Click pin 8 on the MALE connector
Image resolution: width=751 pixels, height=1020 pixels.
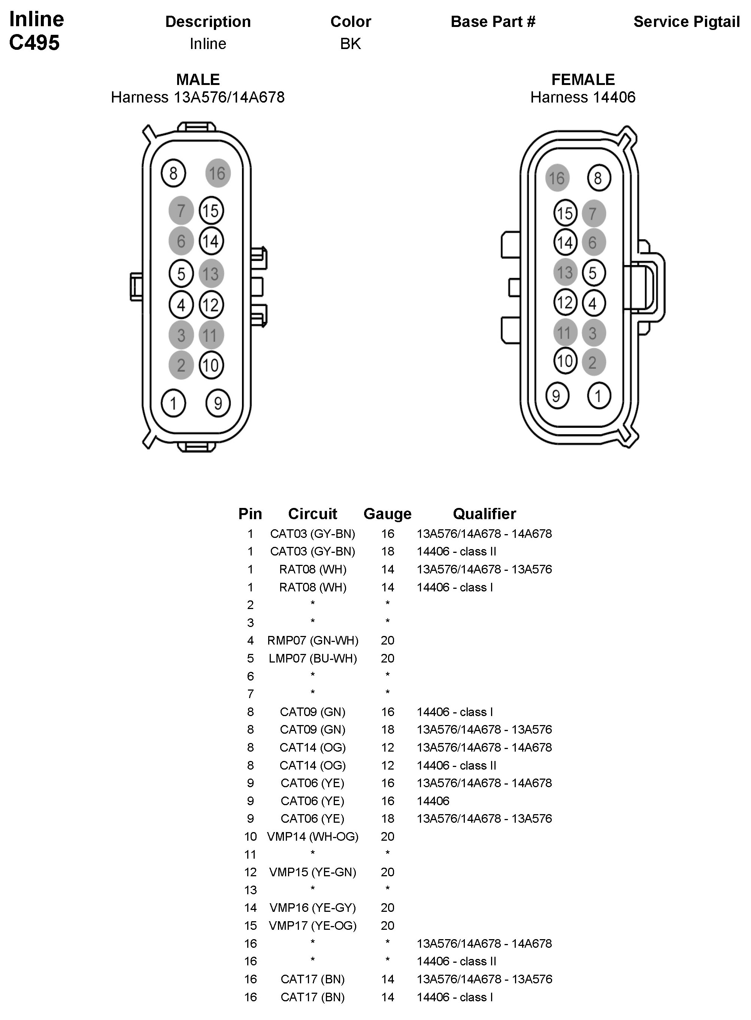pos(173,173)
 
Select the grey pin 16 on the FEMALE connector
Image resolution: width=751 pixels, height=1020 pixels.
pos(557,178)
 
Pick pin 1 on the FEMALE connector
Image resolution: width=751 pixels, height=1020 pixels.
pos(598,396)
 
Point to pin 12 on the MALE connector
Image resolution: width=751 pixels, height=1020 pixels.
pos(211,305)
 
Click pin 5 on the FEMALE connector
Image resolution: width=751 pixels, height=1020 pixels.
pos(593,272)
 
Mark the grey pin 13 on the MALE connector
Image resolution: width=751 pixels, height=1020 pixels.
pos(211,274)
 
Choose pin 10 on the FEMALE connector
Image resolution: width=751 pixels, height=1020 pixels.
pos(565,361)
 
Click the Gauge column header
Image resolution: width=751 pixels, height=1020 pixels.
pos(387,514)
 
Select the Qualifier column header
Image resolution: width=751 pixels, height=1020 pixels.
pos(484,514)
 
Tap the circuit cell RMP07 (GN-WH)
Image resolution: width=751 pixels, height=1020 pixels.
pos(313,640)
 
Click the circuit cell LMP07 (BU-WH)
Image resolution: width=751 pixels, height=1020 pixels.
pos(313,658)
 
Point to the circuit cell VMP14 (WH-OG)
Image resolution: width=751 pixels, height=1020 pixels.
pos(313,837)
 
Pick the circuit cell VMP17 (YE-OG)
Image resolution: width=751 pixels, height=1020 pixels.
pos(313,926)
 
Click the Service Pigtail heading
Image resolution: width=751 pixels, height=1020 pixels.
pos(687,22)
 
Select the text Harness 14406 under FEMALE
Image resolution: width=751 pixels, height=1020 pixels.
pos(583,97)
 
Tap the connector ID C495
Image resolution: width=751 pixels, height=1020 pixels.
pos(34,43)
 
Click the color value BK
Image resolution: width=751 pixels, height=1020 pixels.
pos(351,44)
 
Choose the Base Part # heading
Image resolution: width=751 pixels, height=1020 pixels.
pos(493,22)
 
